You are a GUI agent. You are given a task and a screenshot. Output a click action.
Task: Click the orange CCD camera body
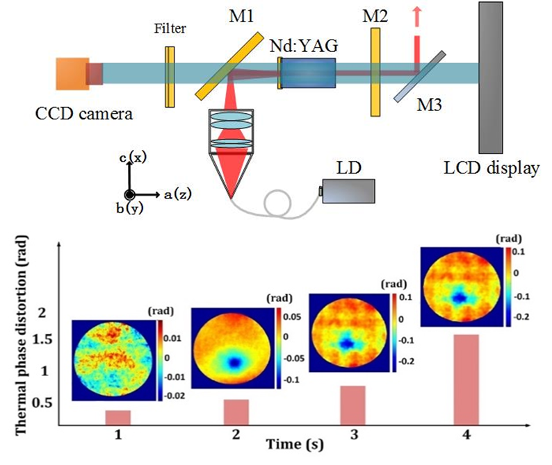(70, 74)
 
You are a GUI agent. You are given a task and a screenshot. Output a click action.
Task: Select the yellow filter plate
(169, 76)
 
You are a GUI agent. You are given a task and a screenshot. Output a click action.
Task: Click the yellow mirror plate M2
(375, 71)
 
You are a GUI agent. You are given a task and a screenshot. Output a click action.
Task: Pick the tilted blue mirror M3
(419, 77)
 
